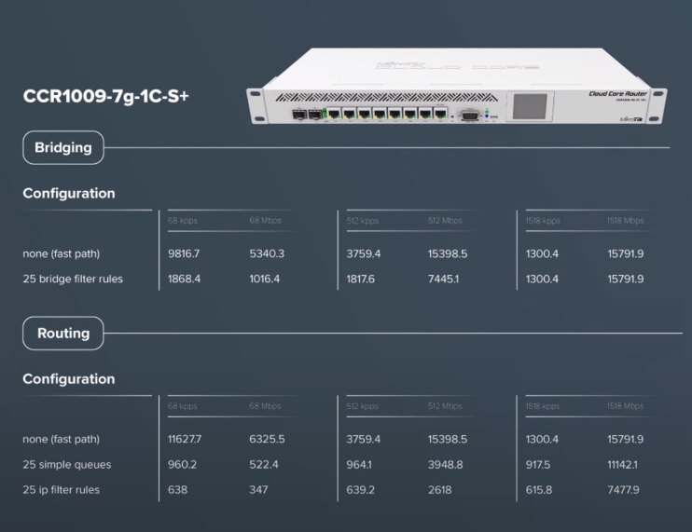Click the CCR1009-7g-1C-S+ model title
click(x=105, y=96)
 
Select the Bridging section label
click(x=63, y=147)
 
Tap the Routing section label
click(x=63, y=333)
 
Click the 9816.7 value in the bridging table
click(x=185, y=253)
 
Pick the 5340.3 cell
click(x=267, y=253)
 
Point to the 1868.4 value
click(x=185, y=279)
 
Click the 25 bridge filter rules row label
click(x=73, y=279)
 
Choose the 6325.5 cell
click(x=267, y=439)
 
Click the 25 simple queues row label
click(x=67, y=464)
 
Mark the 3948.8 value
click(x=446, y=464)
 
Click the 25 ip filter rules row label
click(x=61, y=489)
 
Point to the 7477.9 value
click(x=624, y=489)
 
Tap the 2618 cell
click(x=439, y=489)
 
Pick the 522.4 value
click(x=264, y=464)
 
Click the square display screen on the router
click(x=530, y=105)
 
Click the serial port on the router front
click(x=470, y=116)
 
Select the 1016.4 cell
click(x=265, y=279)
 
